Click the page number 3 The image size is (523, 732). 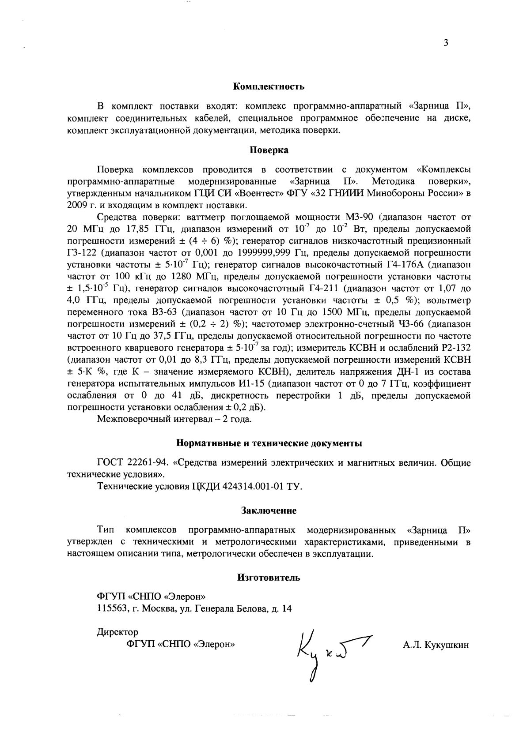click(x=446, y=43)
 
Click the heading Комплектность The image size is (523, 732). click(x=269, y=86)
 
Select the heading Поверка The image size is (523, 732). click(x=269, y=150)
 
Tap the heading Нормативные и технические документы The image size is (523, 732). click(x=269, y=443)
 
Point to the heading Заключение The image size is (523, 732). click(x=269, y=511)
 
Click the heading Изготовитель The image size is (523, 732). click(x=269, y=578)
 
